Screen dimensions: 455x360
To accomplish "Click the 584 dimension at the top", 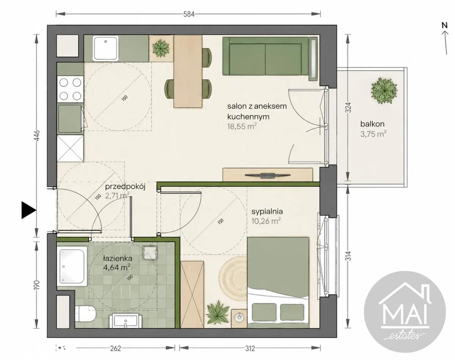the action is [188, 14].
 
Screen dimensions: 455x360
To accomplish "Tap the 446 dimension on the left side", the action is [37, 136].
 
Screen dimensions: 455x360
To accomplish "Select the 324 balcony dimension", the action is [349, 107].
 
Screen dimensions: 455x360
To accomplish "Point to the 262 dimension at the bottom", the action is [115, 348].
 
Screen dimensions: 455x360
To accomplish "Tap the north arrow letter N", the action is [445, 25].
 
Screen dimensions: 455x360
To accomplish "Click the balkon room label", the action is [372, 124].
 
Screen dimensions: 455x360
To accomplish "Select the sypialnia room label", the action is [267, 211].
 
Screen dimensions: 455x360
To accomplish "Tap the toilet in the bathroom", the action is [86, 313].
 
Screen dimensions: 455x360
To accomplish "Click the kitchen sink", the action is [106, 48].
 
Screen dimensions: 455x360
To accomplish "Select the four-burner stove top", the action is [70, 89].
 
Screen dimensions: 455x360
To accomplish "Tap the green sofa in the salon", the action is [265, 56].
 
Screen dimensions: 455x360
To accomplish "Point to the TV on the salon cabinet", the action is [267, 175].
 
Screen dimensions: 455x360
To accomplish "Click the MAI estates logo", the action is [405, 311].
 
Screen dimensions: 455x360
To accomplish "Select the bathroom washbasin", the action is [126, 321].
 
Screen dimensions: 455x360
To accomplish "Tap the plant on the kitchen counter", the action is [161, 49].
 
